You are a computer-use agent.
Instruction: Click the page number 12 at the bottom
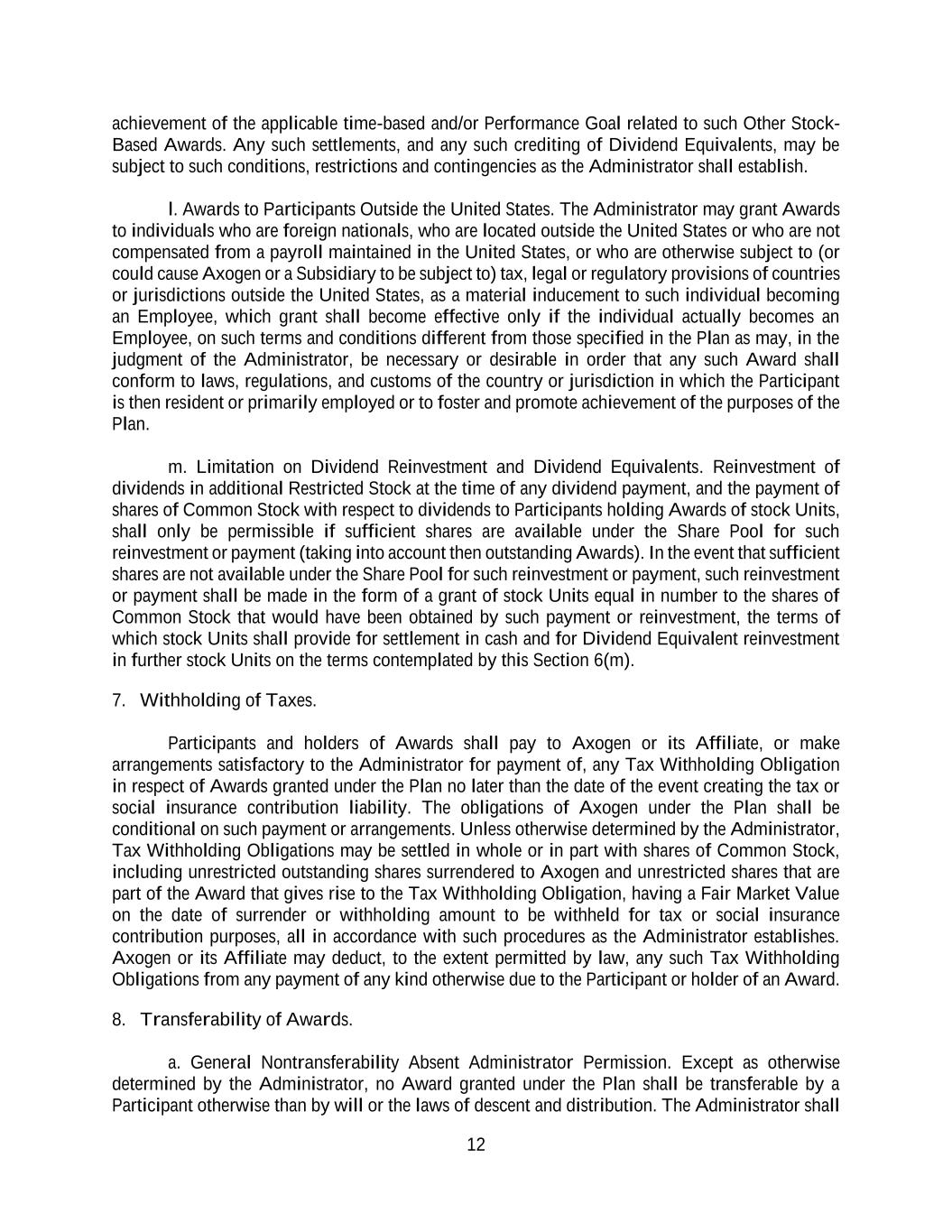(x=476, y=1145)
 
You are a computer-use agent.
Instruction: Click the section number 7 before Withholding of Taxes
(x=117, y=701)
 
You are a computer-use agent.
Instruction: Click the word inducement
(x=573, y=295)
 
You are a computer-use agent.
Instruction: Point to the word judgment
(x=147, y=359)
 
